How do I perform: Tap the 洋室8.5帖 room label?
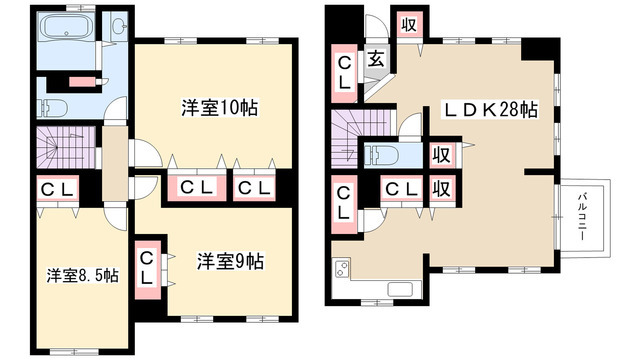pyautogui.click(x=82, y=275)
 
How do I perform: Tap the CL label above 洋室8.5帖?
pyautogui.click(x=54, y=189)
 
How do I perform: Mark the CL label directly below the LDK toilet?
pyautogui.click(x=400, y=188)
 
